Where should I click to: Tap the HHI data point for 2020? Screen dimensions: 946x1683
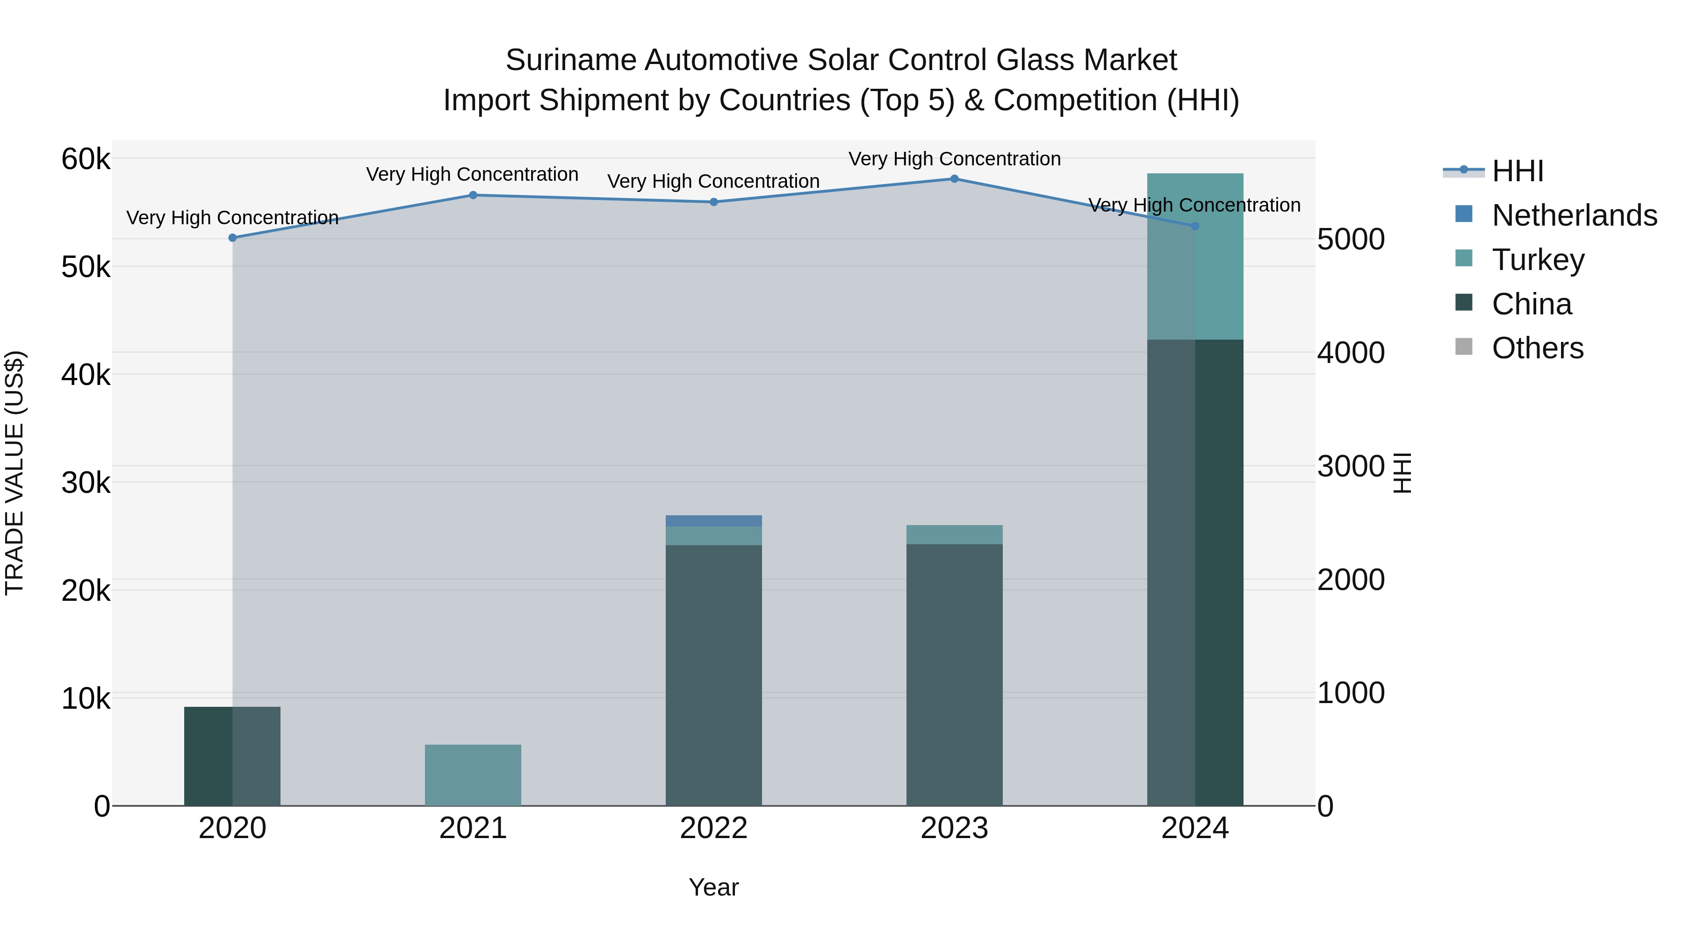point(233,238)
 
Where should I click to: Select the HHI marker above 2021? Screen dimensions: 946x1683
point(473,195)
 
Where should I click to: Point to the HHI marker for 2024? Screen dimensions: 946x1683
point(1195,226)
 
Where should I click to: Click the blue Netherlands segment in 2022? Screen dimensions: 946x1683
point(713,521)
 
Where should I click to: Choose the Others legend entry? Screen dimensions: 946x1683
point(1537,348)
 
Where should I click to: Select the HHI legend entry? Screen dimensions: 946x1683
point(1517,171)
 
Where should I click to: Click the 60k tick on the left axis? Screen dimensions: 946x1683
point(86,159)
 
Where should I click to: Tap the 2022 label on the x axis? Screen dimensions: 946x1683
point(713,828)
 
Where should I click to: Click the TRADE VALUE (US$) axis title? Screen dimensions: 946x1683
point(14,473)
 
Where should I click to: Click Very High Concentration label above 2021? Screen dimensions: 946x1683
point(472,174)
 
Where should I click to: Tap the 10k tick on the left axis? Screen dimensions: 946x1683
point(86,698)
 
